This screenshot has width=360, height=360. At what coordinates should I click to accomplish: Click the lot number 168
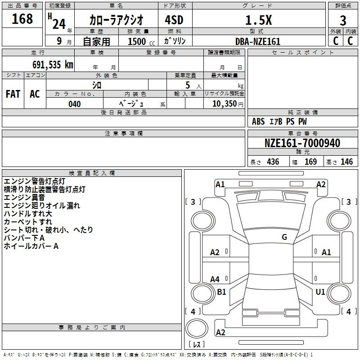(22, 18)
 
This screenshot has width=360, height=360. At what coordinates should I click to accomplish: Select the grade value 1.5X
(259, 20)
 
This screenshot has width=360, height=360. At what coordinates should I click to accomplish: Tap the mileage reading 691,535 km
(53, 64)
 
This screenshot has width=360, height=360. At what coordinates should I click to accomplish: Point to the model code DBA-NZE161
(258, 41)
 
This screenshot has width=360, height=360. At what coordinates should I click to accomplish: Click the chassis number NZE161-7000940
(302, 143)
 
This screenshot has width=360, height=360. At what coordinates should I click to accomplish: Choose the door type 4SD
(174, 20)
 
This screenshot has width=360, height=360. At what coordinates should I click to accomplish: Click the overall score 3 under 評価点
(343, 20)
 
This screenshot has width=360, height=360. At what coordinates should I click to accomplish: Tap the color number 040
(74, 104)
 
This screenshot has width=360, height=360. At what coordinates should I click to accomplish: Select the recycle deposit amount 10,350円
(228, 104)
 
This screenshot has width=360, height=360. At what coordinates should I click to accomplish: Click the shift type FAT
(13, 94)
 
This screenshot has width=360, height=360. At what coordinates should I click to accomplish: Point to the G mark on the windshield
(284, 237)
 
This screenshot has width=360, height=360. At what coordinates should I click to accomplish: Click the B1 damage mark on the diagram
(221, 292)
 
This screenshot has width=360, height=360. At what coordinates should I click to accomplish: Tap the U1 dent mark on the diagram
(320, 292)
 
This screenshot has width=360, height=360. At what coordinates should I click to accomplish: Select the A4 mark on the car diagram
(215, 279)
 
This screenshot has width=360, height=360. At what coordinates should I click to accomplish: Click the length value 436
(273, 162)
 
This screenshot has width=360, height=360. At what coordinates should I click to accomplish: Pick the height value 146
(346, 162)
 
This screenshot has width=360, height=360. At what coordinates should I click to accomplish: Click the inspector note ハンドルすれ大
(28, 213)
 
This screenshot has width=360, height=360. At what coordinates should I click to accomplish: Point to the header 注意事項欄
(124, 133)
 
